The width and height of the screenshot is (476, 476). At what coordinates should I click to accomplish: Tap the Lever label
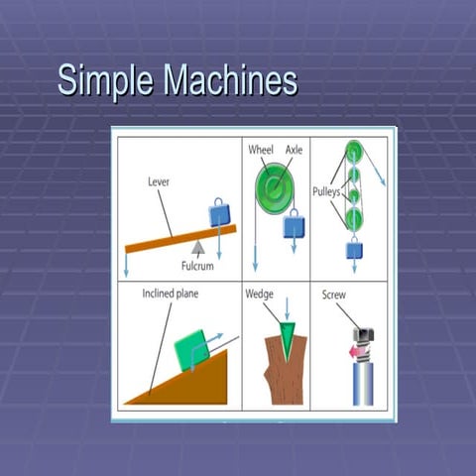coord(159,182)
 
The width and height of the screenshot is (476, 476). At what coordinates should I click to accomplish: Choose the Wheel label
coord(260,150)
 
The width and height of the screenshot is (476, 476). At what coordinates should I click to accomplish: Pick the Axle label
coord(295,150)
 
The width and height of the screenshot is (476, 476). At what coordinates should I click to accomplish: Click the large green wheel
coord(271,185)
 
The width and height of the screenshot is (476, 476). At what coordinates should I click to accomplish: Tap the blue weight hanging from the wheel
coord(294,226)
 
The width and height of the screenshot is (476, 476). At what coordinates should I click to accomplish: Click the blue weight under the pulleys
coord(354,250)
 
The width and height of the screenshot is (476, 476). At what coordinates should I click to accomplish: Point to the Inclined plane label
coord(170,295)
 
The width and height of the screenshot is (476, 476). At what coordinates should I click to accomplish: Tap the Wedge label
coord(260,295)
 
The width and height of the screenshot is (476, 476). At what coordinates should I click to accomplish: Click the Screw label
coord(333,295)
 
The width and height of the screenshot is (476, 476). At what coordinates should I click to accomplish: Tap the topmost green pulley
coord(353,152)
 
